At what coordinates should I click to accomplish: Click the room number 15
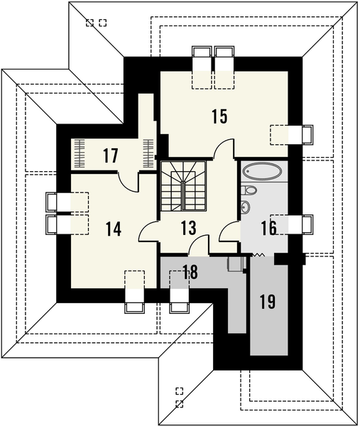(x=219, y=116)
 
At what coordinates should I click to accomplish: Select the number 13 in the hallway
(x=187, y=228)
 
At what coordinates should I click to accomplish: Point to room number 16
(x=268, y=228)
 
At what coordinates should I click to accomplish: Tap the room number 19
(x=267, y=302)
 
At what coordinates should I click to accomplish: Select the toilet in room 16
(x=249, y=190)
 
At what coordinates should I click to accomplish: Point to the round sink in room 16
(x=246, y=207)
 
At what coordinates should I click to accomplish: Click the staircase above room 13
(x=184, y=186)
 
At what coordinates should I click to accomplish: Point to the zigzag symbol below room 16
(x=260, y=253)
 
